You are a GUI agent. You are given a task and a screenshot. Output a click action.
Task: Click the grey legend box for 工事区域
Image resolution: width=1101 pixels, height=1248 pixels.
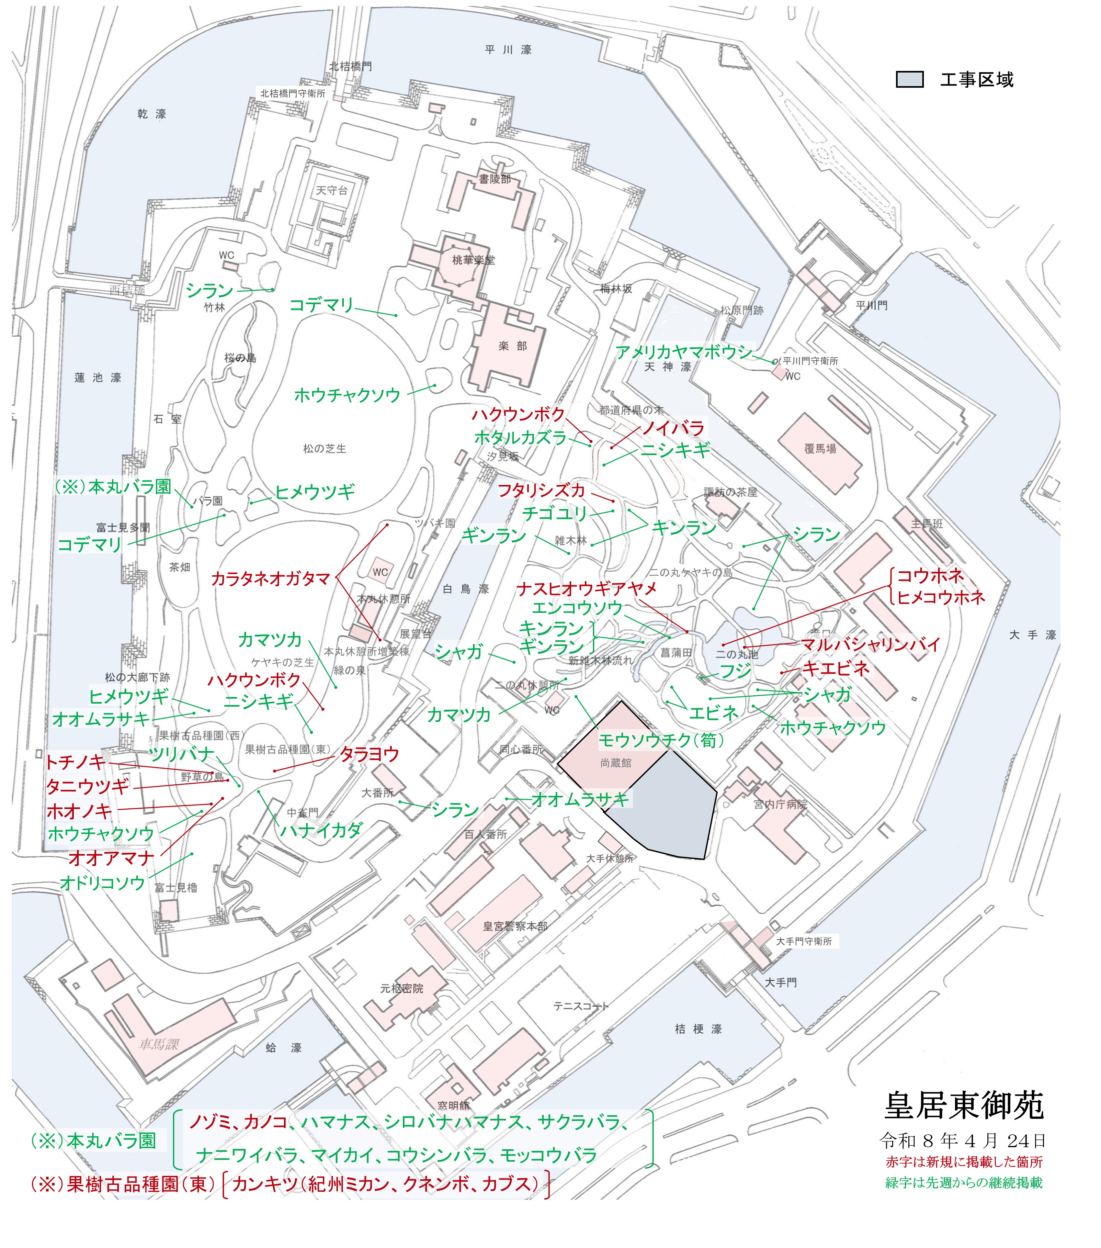(x=909, y=80)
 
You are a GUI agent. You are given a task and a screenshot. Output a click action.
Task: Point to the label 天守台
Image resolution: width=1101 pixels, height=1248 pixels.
(x=332, y=190)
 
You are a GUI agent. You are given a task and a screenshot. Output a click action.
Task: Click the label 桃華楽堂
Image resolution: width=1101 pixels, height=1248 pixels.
(x=473, y=260)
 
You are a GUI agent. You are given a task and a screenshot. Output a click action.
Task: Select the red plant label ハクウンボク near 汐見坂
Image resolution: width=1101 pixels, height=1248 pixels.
(x=518, y=415)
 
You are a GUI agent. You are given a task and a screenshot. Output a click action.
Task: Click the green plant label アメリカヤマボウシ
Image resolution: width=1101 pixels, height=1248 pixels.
(x=684, y=352)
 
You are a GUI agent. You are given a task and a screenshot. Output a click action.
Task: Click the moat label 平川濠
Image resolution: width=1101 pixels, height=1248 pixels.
(x=508, y=50)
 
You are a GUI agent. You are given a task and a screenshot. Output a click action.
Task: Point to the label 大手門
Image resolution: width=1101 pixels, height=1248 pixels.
(x=780, y=983)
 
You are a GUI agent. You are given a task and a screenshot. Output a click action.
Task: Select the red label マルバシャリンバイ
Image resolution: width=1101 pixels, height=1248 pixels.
(x=871, y=645)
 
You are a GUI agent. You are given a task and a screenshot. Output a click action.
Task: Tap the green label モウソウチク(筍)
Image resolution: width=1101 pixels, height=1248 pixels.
(x=661, y=741)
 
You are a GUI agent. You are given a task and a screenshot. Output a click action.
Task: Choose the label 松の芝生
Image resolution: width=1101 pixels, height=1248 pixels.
(x=324, y=449)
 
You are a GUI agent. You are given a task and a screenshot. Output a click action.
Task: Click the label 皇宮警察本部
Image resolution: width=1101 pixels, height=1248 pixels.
(x=515, y=926)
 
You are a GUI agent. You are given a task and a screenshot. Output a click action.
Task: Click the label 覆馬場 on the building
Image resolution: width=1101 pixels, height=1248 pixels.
(x=820, y=449)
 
